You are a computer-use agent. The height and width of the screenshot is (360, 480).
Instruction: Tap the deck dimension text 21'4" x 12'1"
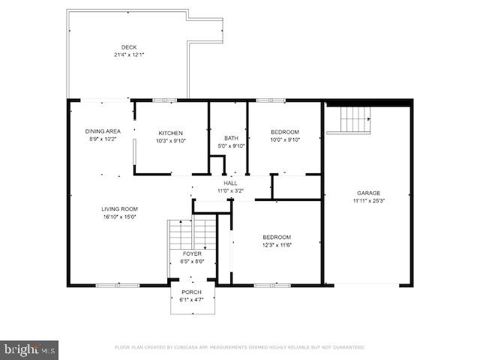[x=129, y=55]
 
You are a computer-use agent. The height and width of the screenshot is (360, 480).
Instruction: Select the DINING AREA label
[x=103, y=131]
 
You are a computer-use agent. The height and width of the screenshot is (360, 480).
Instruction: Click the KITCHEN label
[x=170, y=133]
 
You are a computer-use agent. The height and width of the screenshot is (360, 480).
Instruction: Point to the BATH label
[x=231, y=138]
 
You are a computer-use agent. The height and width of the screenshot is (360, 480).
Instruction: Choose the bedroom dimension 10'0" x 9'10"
[x=285, y=139]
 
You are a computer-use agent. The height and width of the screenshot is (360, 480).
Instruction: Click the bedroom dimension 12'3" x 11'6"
[x=277, y=244]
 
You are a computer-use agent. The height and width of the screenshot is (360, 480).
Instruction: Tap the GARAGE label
[x=368, y=193]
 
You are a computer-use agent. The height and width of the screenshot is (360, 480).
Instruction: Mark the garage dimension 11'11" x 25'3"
[x=368, y=200]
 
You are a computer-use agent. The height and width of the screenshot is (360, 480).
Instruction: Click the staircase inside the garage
[x=355, y=119]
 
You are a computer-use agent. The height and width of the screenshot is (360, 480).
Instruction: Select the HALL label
[x=230, y=183]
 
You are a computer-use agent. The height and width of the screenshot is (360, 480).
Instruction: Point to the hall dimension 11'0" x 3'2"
[x=230, y=190]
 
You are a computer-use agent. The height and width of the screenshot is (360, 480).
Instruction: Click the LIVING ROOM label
[x=120, y=209]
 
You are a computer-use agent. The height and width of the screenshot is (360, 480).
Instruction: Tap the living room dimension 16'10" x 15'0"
[x=120, y=217]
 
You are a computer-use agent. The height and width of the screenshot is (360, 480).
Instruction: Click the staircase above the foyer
[x=181, y=236]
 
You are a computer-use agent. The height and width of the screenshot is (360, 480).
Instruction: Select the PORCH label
[x=192, y=292]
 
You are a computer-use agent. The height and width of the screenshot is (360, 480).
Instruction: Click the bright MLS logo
[x=30, y=349]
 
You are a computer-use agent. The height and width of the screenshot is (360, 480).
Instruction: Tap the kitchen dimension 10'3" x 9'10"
[x=170, y=140]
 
